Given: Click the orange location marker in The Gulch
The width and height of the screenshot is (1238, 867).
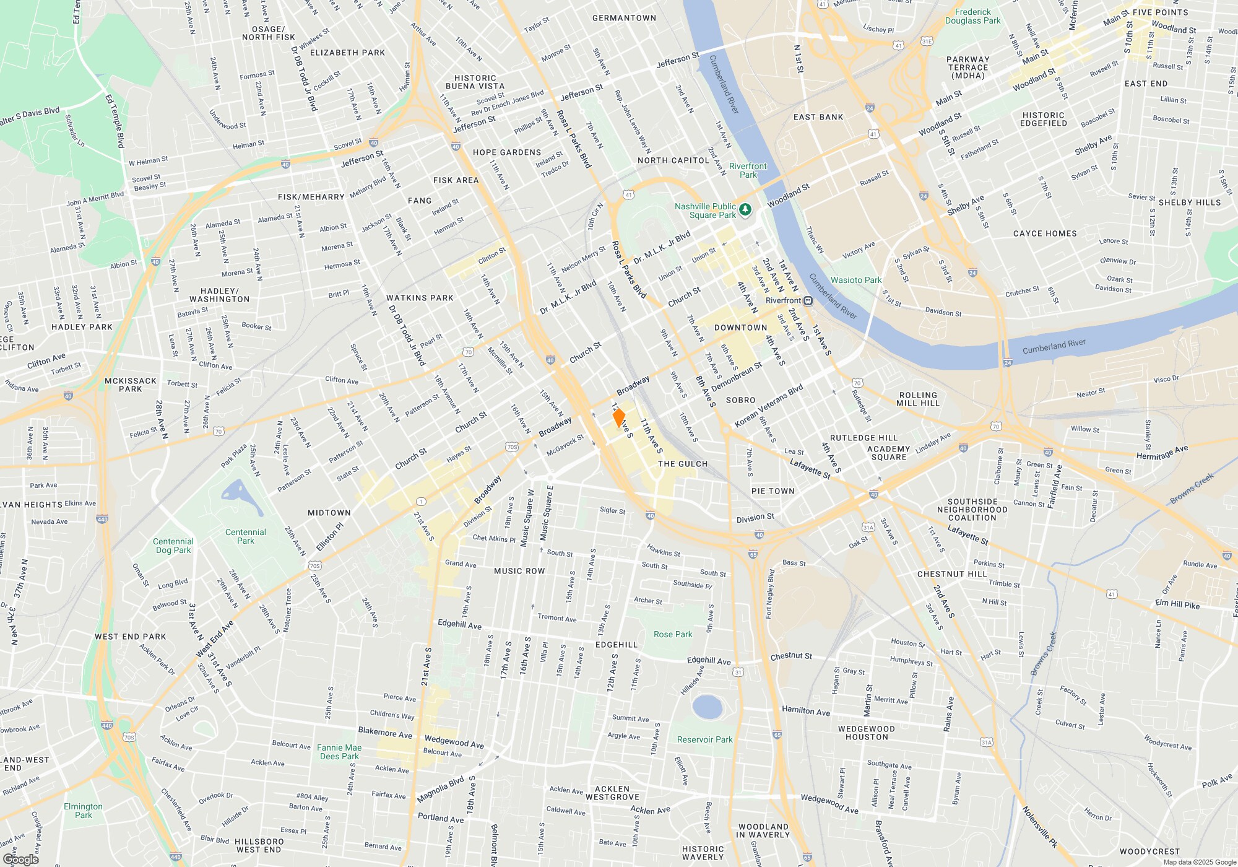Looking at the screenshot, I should [618, 417].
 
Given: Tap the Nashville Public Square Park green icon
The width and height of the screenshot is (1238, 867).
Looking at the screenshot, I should [745, 211].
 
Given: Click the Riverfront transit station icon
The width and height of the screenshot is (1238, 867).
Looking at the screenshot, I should [808, 300].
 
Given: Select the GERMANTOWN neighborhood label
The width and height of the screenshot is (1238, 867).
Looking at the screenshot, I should [624, 18].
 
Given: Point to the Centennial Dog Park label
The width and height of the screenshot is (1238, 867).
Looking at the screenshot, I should [173, 546].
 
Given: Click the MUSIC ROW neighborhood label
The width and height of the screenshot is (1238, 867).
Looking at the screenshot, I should [519, 571].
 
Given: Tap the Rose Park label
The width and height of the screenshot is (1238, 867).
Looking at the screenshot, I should [673, 634].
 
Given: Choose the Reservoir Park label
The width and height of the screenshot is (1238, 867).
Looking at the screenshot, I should [704, 739].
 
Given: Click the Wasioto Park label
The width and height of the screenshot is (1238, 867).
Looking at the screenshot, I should [855, 280].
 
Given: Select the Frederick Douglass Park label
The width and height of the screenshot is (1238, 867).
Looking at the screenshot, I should [972, 16].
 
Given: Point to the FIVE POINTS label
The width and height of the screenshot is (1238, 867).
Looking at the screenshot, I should [1160, 12].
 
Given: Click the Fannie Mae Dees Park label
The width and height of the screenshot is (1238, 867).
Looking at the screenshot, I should [339, 752].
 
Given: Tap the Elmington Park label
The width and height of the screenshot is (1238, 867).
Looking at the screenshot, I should [83, 811].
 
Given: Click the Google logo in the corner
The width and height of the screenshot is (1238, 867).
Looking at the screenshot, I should [21, 860].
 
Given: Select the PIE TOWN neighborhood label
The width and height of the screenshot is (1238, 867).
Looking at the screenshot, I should [773, 491].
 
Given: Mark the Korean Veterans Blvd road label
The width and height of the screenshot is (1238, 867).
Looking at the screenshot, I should [768, 406].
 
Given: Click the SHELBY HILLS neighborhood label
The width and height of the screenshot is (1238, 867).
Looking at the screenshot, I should [1189, 203].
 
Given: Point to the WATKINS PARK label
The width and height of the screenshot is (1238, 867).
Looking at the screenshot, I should [420, 298].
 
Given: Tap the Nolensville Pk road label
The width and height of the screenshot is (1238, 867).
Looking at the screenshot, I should [1040, 827].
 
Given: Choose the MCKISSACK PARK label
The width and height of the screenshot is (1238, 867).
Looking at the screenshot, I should [130, 385].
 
